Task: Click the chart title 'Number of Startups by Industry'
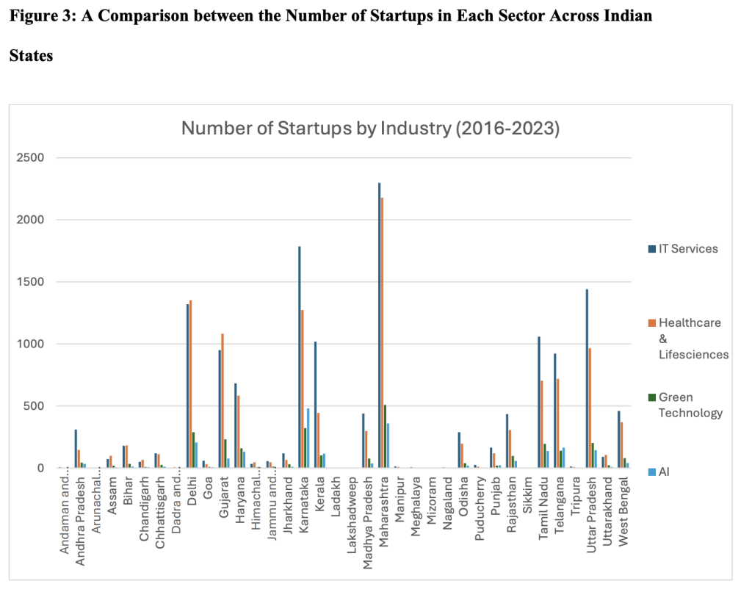click(370, 129)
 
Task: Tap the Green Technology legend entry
click(691, 405)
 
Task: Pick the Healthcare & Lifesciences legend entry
click(691, 338)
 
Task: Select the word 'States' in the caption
click(31, 56)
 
